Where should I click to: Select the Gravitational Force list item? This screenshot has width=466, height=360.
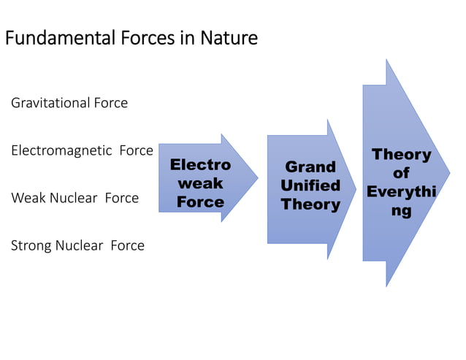[69, 103]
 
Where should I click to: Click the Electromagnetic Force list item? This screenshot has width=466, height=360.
[82, 150]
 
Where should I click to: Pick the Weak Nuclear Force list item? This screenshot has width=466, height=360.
[75, 198]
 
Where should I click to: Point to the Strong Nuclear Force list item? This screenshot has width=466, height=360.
[77, 245]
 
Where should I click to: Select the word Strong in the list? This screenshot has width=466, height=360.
[31, 245]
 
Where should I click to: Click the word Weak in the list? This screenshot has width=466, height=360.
[28, 198]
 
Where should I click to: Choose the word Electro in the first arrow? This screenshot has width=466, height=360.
[200, 165]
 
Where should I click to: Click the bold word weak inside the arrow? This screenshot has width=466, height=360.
[200, 183]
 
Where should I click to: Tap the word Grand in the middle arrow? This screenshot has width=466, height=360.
[310, 167]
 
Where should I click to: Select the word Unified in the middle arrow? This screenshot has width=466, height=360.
[310, 185]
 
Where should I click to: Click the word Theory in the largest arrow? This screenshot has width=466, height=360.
[402, 155]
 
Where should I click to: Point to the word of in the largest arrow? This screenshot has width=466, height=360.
[401, 173]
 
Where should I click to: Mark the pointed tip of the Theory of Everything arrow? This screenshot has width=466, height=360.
[448, 173]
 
